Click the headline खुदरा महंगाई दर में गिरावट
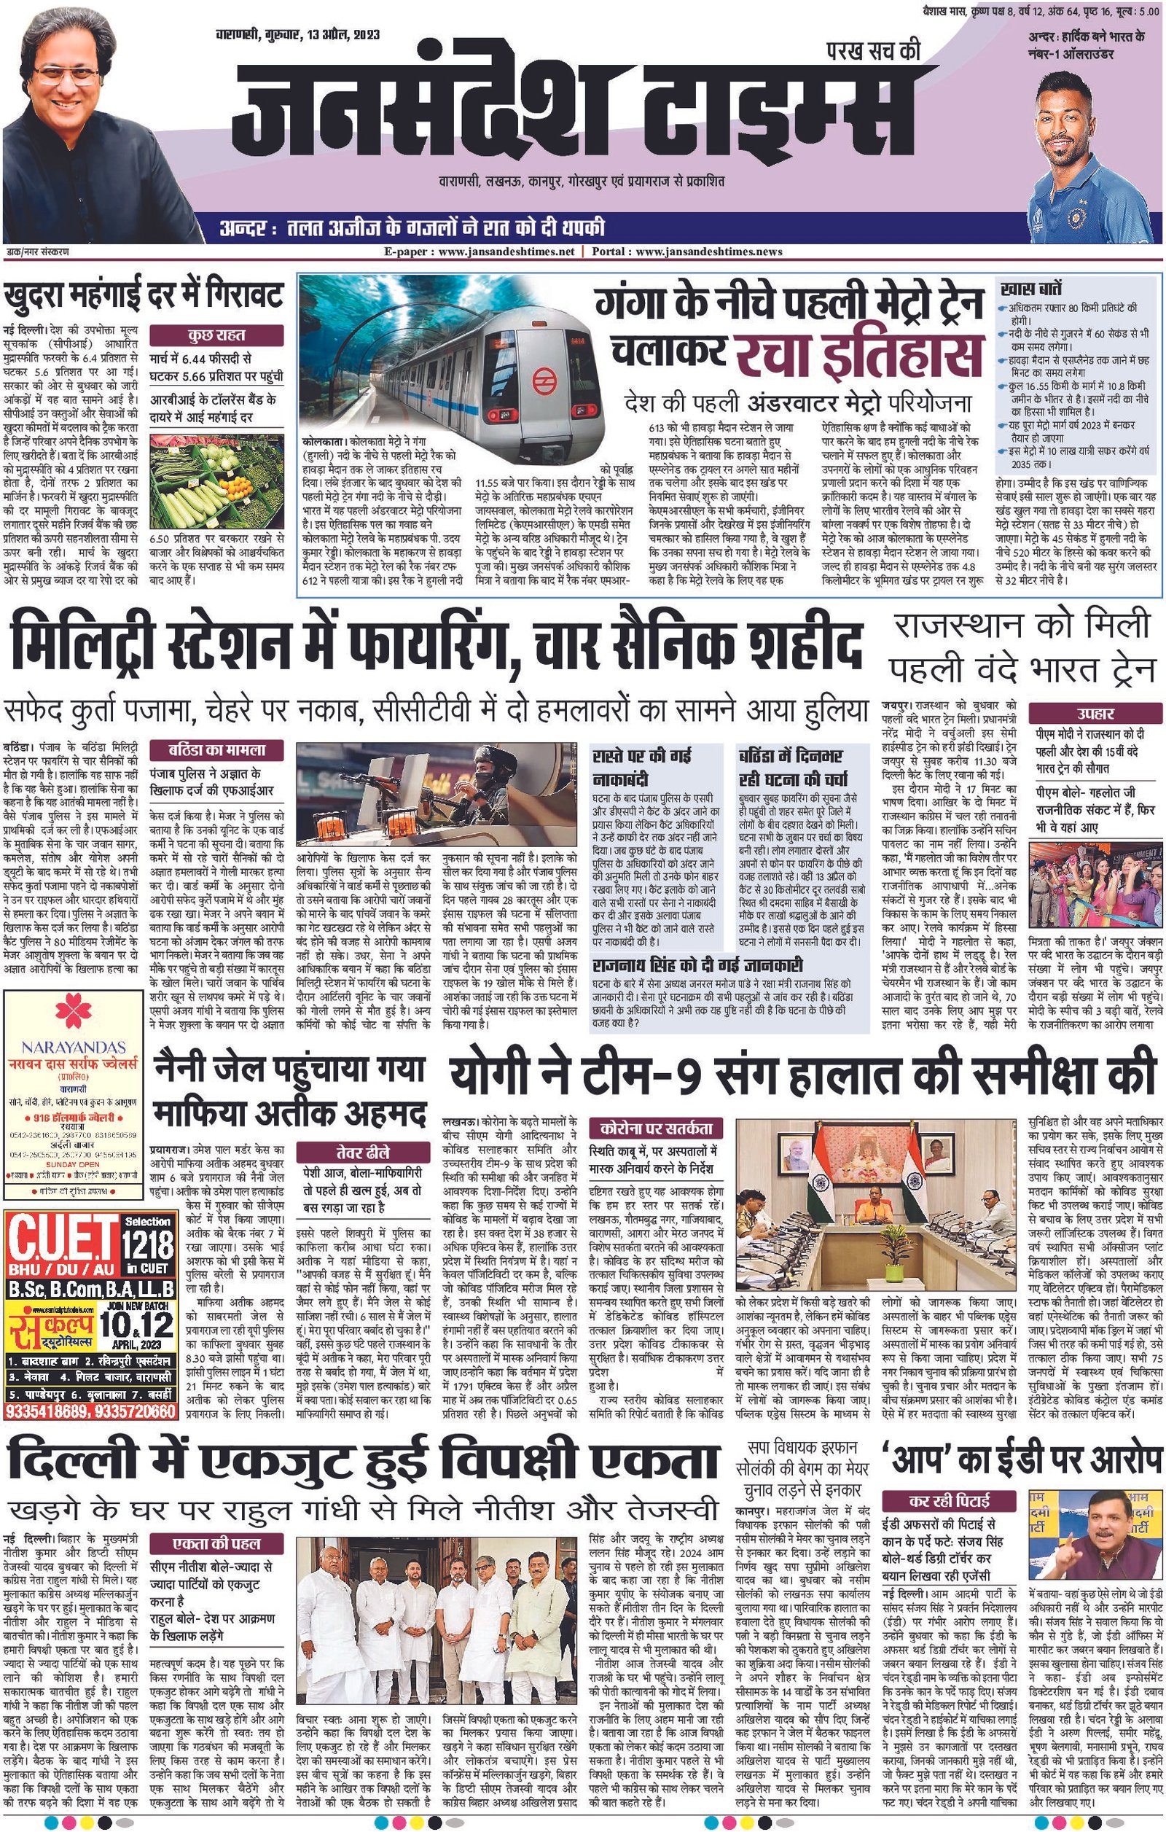click(144, 294)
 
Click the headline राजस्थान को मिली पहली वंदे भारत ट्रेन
click(1022, 647)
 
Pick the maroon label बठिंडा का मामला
click(216, 749)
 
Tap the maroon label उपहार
click(1095, 713)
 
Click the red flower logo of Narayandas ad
click(73, 1013)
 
